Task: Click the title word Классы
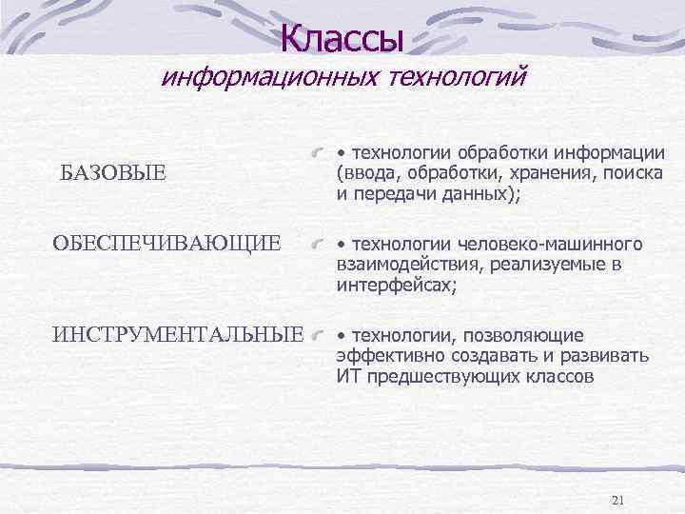(342, 39)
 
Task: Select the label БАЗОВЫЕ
(113, 172)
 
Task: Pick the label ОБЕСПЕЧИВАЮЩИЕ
(167, 244)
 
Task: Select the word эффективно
(382, 356)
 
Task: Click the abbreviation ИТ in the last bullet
(346, 376)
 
